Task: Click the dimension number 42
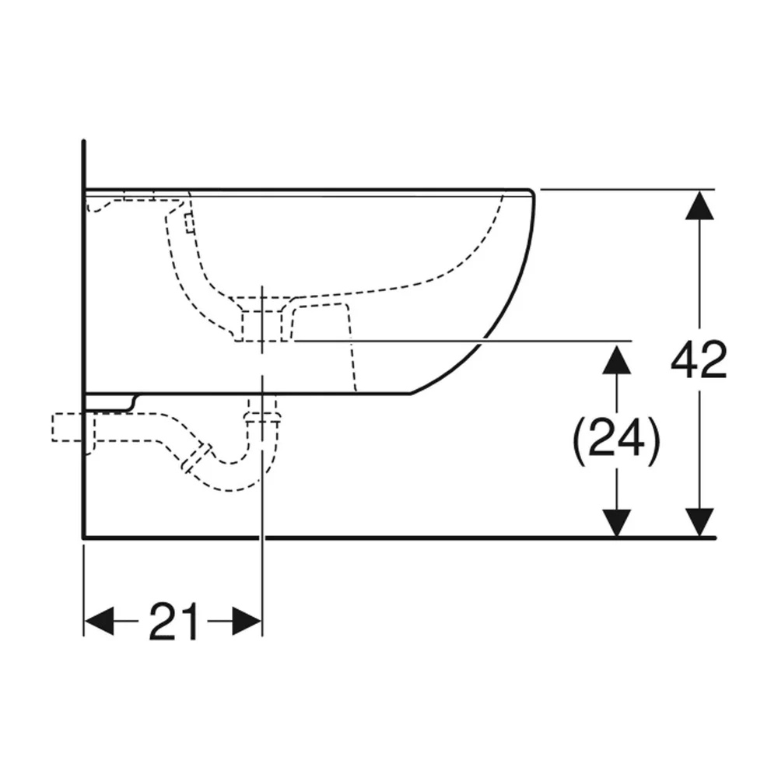tap(699, 359)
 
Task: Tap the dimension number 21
tap(173, 621)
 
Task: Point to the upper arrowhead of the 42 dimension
tap(699, 205)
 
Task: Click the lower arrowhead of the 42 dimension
tap(699, 523)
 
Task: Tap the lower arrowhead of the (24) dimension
tap(616, 523)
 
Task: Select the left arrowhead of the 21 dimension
tap(100, 621)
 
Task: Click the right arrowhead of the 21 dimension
tap(247, 621)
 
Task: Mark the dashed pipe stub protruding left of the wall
tap(68, 427)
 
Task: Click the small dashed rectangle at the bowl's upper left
tap(189, 223)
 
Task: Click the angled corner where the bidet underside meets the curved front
tap(411, 394)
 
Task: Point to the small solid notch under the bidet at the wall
tap(111, 402)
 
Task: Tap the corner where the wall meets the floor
tap(84, 537)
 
